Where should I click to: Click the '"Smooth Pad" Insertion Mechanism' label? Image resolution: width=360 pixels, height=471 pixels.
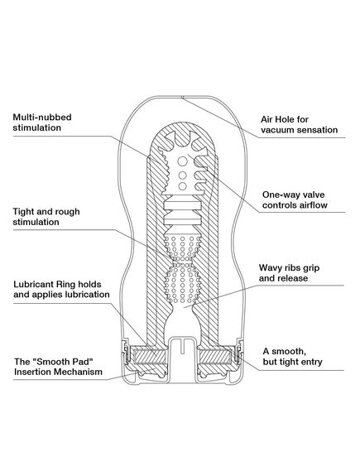point(58,368)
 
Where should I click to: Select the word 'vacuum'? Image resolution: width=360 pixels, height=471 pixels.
point(281,131)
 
